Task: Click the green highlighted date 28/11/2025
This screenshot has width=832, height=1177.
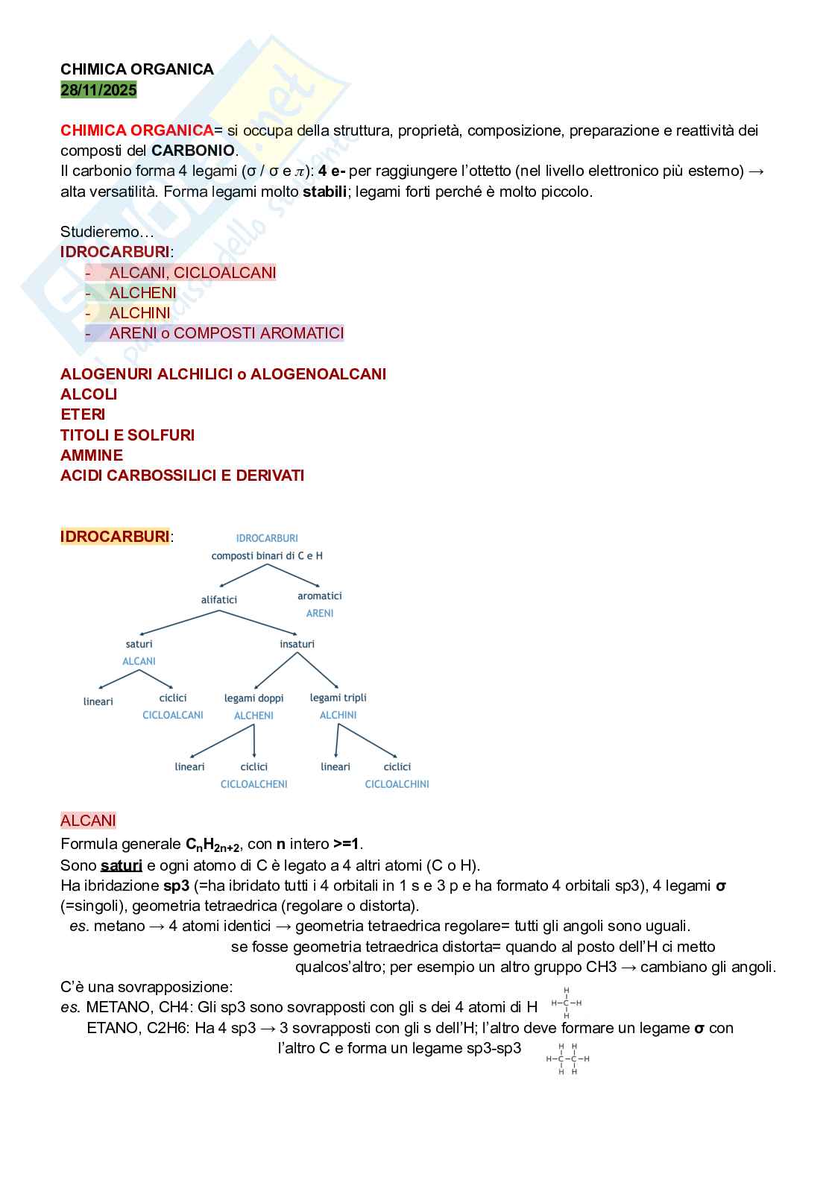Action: (x=98, y=90)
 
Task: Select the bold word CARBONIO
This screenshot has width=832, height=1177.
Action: (x=193, y=151)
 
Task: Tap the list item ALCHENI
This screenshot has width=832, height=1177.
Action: (x=142, y=293)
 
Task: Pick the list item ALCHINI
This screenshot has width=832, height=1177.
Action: (x=139, y=313)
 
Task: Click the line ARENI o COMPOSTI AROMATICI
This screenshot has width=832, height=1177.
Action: (x=226, y=333)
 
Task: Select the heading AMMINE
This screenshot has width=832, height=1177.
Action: (x=92, y=455)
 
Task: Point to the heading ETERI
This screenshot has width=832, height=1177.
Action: (x=83, y=414)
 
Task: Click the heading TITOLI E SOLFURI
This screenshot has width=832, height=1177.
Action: (x=127, y=435)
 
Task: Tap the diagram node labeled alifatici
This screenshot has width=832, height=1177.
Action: (x=219, y=600)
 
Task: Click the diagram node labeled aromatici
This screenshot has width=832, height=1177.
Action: (x=320, y=596)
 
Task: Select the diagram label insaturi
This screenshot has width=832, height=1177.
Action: (x=297, y=644)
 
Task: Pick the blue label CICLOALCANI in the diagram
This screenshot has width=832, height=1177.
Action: (x=173, y=716)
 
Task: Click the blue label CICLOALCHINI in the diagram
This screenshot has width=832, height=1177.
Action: (x=397, y=784)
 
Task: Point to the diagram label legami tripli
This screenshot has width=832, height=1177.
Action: (x=338, y=698)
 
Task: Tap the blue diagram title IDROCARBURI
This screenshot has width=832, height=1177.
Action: (x=267, y=538)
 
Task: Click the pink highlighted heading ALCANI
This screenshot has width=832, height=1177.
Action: (x=88, y=821)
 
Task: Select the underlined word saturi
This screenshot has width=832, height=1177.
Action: (x=122, y=865)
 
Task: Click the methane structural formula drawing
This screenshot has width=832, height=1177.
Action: (x=567, y=1003)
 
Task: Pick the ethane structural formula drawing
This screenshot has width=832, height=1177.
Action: (x=567, y=1059)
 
